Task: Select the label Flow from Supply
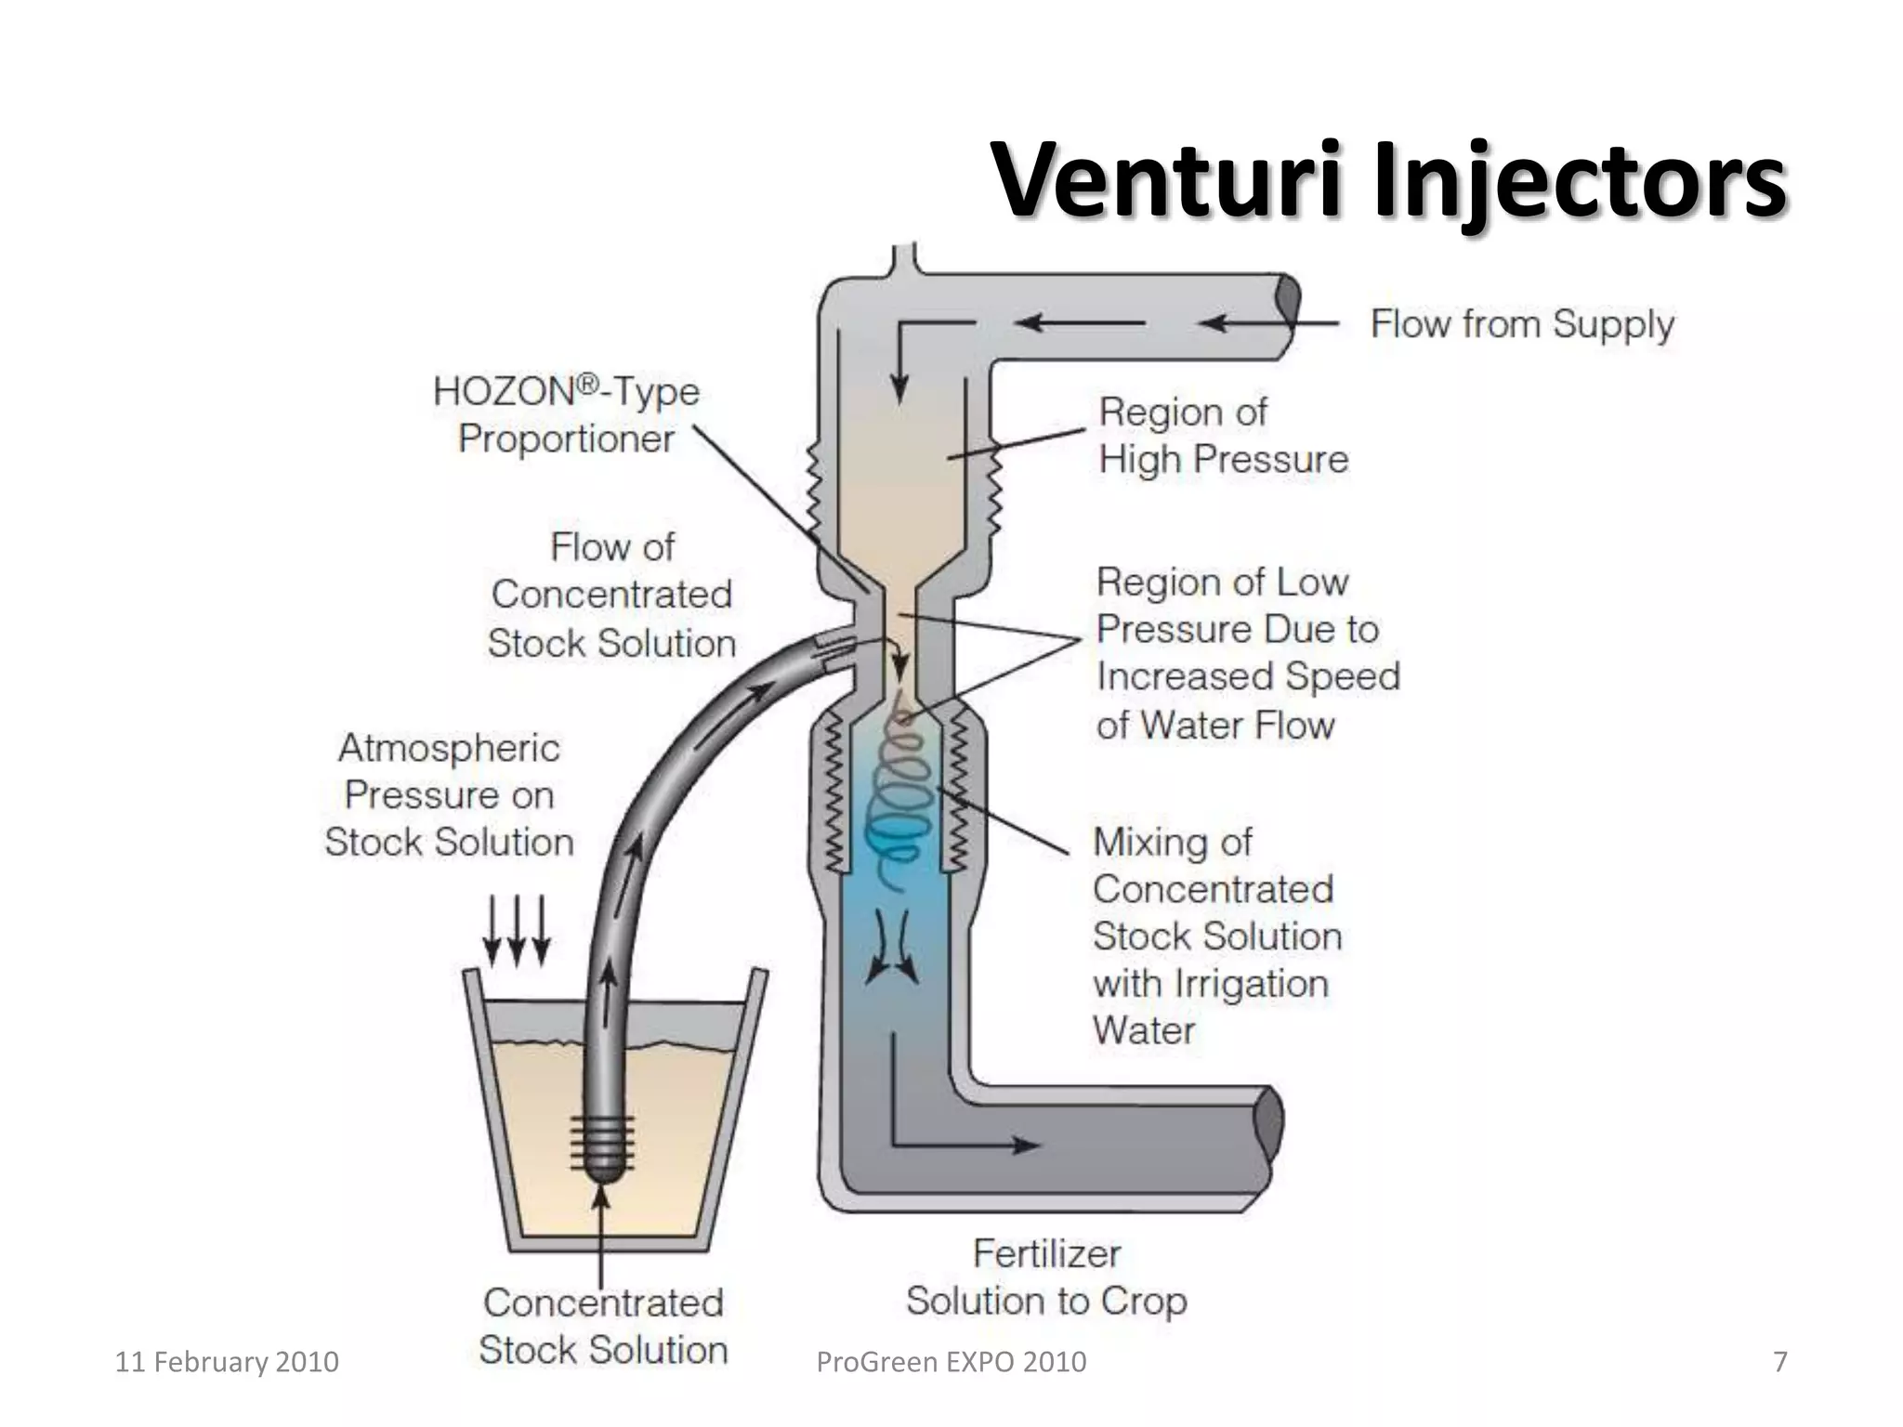1522,324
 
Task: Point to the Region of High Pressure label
1222,435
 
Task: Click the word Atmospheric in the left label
449,748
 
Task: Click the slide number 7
1779,1362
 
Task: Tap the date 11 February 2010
226,1362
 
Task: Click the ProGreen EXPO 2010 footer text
951,1362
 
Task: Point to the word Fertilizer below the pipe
1046,1254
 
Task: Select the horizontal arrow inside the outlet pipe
966,1144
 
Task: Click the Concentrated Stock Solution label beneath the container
602,1326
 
